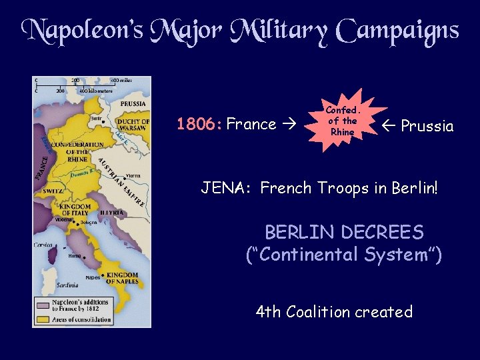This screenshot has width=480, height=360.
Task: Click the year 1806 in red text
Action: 199,124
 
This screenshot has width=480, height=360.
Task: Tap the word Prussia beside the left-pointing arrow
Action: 427,126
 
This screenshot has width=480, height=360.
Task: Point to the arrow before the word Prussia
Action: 390,126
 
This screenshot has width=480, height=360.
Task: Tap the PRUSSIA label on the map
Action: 133,104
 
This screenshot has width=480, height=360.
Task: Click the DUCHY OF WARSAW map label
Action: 132,125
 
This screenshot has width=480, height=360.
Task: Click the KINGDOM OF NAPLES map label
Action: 122,279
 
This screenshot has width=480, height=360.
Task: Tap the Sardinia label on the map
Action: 48,285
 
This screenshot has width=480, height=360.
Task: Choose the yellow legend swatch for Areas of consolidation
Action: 44,321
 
